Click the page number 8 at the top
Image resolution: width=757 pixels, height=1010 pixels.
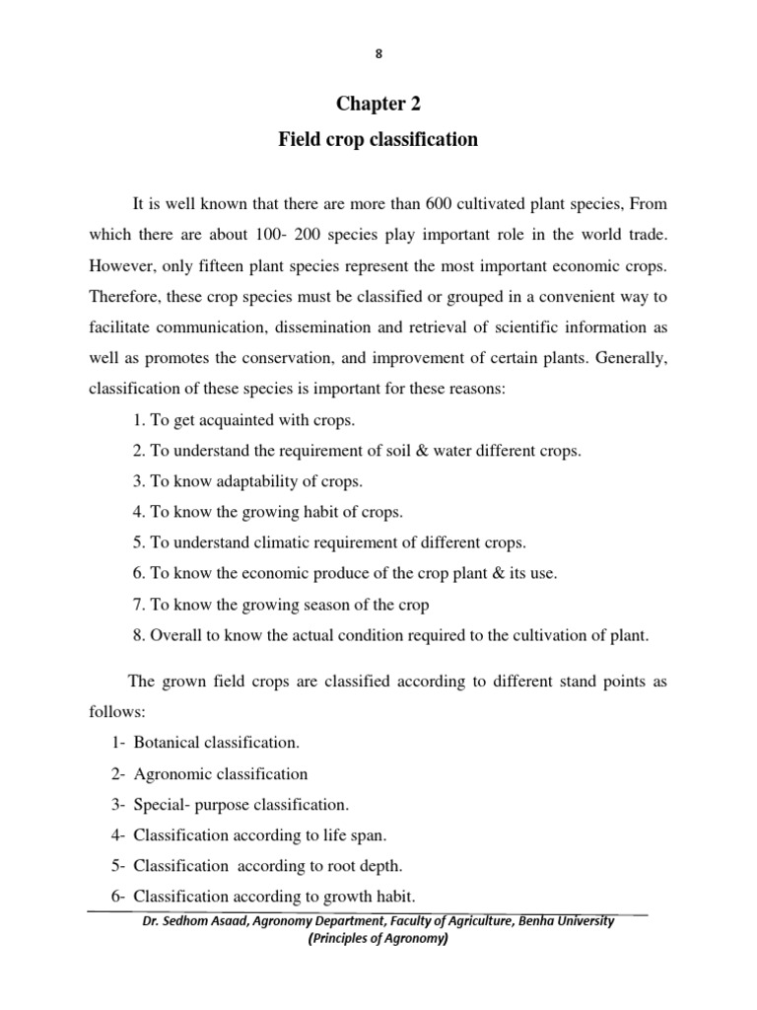[378, 55]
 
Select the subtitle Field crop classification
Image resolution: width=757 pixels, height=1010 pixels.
[378, 140]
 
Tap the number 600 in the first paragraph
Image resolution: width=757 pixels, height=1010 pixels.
[439, 205]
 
